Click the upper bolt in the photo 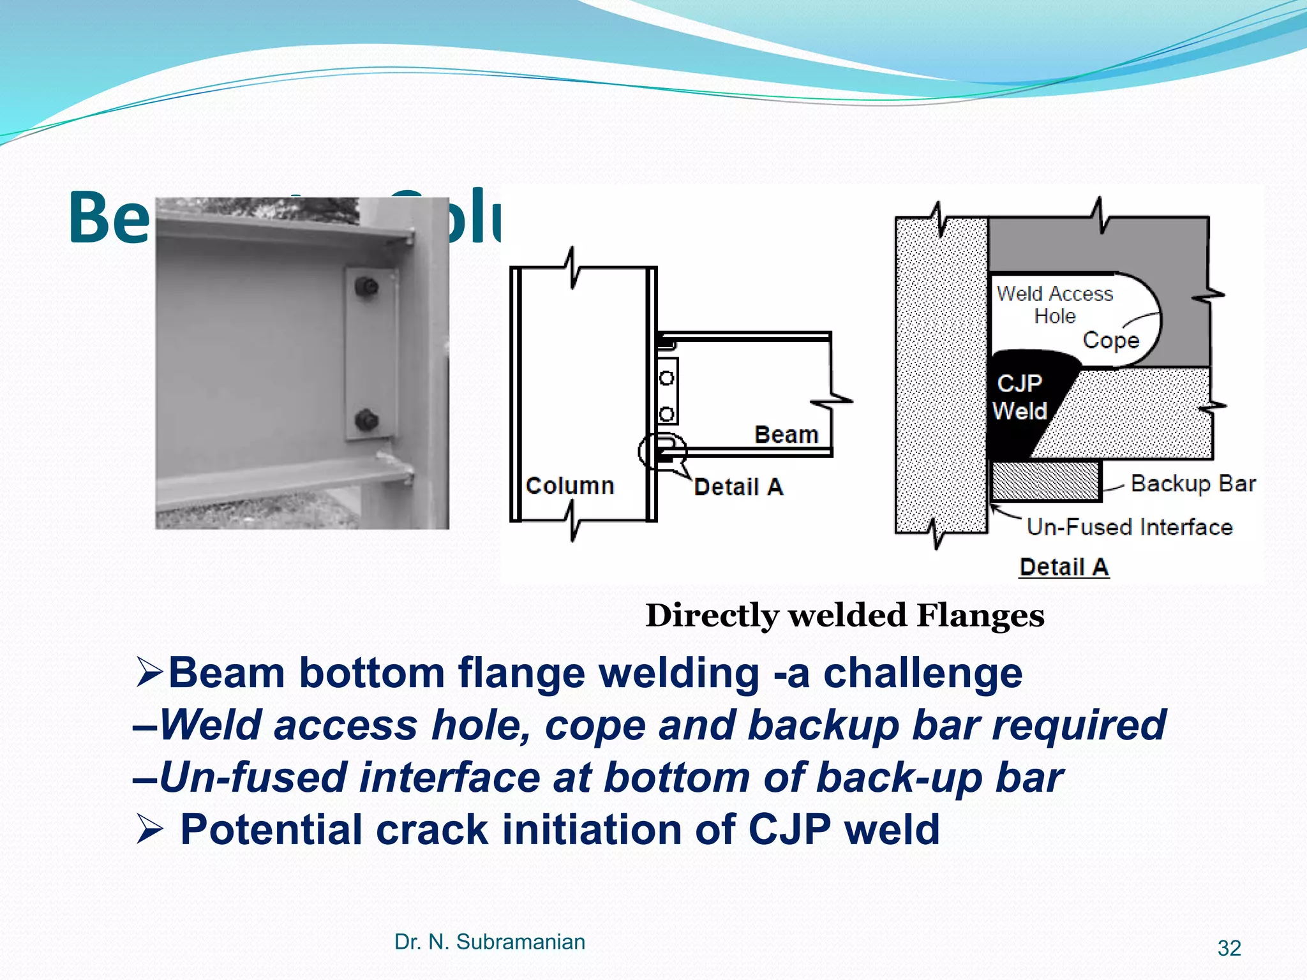(x=366, y=287)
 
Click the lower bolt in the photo (x=366, y=420)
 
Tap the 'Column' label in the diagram (x=569, y=486)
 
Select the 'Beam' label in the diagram (x=786, y=434)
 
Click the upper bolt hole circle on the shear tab (x=666, y=378)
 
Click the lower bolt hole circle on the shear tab (x=666, y=415)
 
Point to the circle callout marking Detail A (x=662, y=452)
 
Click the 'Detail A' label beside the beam (x=738, y=487)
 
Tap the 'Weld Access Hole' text (x=1054, y=304)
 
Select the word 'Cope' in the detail (x=1110, y=341)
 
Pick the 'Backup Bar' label (x=1193, y=484)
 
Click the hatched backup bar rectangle (x=1045, y=481)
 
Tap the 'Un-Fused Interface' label (x=1129, y=527)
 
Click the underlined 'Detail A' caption (x=1064, y=567)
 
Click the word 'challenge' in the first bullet (x=922, y=674)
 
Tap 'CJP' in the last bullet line (x=789, y=829)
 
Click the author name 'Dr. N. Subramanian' (x=489, y=942)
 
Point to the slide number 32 (x=1229, y=948)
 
